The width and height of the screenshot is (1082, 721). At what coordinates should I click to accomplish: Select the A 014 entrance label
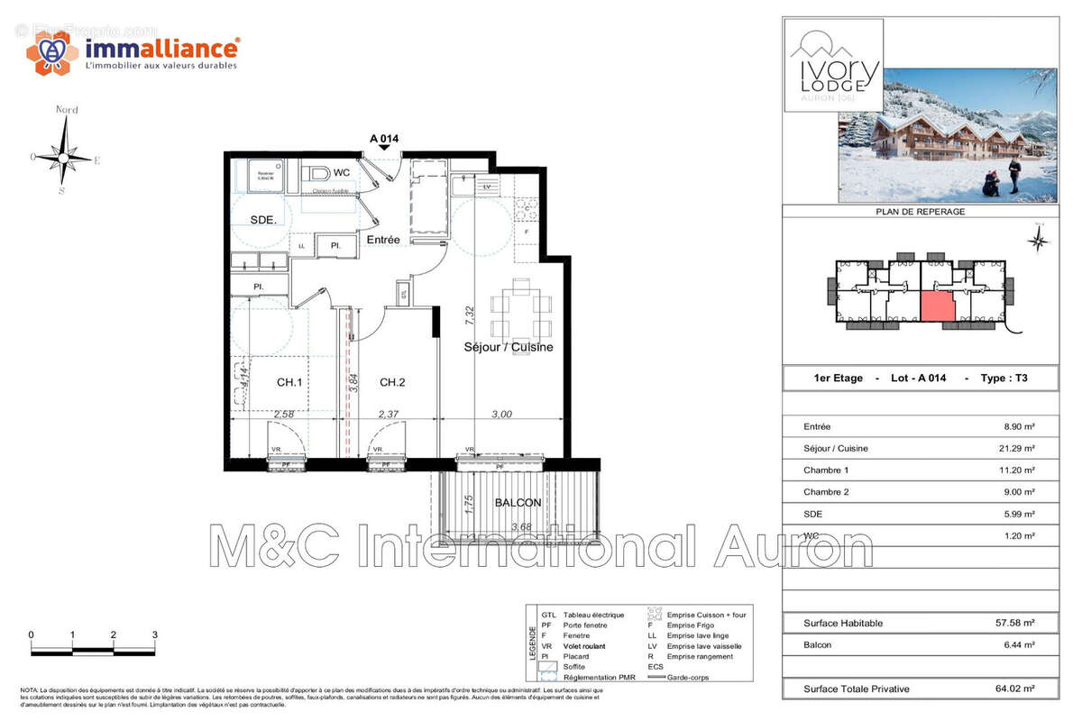coord(384,139)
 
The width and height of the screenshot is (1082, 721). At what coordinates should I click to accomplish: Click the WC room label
coord(342,171)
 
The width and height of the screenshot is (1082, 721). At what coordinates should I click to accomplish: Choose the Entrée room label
coord(383,240)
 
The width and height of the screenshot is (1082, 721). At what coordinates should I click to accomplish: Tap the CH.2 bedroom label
coord(392,383)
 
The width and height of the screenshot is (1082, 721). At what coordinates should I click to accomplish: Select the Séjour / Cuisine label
coord(509,347)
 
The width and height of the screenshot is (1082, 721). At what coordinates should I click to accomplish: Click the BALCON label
coord(518,503)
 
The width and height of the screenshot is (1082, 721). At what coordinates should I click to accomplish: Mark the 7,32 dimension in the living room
coord(469,315)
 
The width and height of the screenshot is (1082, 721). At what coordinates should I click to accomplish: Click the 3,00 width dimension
coord(501,415)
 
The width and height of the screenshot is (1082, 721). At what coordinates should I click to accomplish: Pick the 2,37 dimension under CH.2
coord(389,415)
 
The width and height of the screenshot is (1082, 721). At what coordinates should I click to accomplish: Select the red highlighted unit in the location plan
coord(938,307)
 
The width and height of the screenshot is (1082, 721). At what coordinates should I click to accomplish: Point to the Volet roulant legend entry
coord(583,646)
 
